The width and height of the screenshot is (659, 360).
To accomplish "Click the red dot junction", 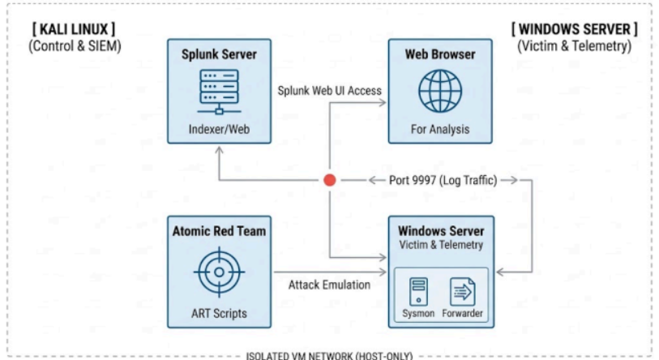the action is point(329,180).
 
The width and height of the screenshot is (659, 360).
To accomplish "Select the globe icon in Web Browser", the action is point(440,91).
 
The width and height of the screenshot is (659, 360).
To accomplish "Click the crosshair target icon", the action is point(219,272).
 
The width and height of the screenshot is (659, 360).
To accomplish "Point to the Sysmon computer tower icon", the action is point(418,291).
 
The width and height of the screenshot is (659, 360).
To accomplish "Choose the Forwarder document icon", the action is point(462,291).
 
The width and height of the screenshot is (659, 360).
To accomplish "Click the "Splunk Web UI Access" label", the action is point(329,91).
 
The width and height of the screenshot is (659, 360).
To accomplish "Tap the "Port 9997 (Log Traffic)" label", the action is point(443,181).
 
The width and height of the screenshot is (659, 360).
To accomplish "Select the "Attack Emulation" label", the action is point(329,285).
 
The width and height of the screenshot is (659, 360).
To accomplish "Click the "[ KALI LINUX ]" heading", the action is point(74,29).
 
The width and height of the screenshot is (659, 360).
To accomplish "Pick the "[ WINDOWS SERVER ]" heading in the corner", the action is point(574,29).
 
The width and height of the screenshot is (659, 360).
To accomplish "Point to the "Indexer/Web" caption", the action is point(219,129).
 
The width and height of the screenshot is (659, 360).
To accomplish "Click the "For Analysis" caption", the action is point(440,129).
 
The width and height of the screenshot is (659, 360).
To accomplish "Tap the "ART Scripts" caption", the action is point(219,313).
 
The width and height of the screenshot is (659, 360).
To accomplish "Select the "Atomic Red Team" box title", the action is point(219,231).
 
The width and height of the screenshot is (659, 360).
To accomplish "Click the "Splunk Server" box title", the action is point(219,54).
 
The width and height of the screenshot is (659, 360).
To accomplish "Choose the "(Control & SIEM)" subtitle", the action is point(75,46).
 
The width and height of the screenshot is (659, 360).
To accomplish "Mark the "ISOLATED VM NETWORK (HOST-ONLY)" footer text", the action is point(329,356).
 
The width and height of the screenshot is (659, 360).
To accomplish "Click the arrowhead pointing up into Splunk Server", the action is point(219,151).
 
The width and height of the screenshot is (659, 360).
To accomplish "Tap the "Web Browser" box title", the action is point(440,54).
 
